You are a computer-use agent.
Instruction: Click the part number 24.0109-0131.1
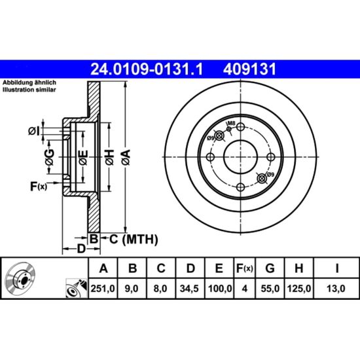pyautogui.click(x=147, y=69)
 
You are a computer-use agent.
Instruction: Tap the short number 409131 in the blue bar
pyautogui.click(x=249, y=69)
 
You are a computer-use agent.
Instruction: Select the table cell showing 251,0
pyautogui.click(x=103, y=289)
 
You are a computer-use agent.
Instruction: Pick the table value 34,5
pyautogui.click(x=189, y=289)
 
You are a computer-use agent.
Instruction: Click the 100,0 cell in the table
pyautogui.click(x=219, y=289)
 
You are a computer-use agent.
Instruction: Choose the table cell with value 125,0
pyautogui.click(x=298, y=289)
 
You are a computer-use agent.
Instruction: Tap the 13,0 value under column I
pyautogui.click(x=336, y=289)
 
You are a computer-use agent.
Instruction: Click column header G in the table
pyautogui.click(x=270, y=268)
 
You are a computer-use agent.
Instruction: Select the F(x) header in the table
pyautogui.click(x=245, y=268)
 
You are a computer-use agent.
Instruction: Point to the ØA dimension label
pyautogui.click(x=126, y=157)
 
